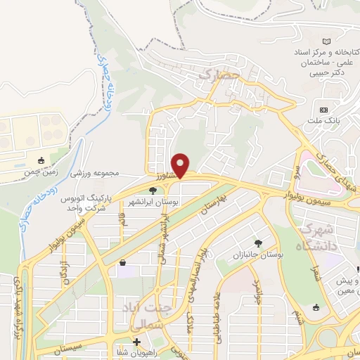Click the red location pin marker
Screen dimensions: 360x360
pyautogui.click(x=181, y=165)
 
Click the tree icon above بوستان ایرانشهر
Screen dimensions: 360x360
pyautogui.click(x=153, y=190)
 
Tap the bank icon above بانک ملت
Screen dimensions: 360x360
pyautogui.click(x=324, y=110)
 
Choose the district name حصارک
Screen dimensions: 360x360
pyautogui.click(x=220, y=73)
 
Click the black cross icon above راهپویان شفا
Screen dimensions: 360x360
pyautogui.click(x=136, y=342)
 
